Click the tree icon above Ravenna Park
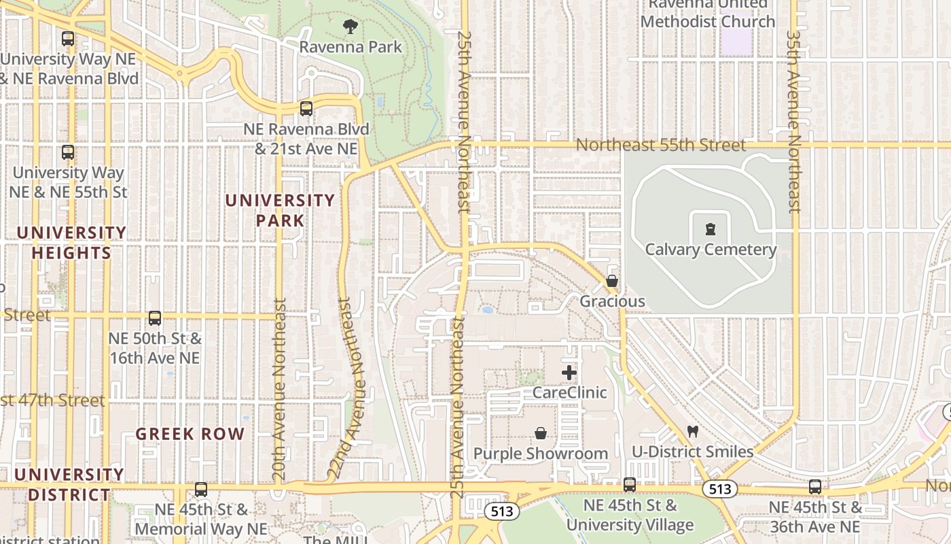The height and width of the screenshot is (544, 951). pos(351,27)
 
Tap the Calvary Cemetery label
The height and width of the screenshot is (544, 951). pos(711,250)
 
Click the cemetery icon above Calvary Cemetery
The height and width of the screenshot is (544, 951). pos(711,229)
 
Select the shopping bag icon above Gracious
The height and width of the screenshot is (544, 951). pos(612,281)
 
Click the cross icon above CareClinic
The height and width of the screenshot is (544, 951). pos(569,373)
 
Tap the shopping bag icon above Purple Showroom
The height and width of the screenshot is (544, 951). pos(541,433)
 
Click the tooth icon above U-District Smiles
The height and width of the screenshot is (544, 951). pos(693,431)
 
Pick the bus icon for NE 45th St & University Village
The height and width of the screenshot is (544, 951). pos(630,485)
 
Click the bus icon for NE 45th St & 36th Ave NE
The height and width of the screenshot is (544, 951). pos(815,487)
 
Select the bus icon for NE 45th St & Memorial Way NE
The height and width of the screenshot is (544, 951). pos(201,489)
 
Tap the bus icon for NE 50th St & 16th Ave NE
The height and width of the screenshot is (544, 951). pos(155,318)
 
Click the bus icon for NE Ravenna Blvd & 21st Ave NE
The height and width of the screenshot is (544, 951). pos(306,109)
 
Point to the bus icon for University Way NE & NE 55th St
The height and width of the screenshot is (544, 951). pos(68,152)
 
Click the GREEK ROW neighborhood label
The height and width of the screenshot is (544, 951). pos(190,434)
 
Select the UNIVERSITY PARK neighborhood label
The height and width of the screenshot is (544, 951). pos(280,211)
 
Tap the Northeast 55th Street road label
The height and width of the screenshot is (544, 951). pos(660,145)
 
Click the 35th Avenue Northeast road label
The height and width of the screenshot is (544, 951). pos(793,121)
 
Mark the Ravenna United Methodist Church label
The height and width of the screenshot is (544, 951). pos(707,14)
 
